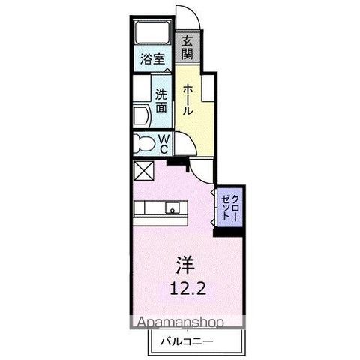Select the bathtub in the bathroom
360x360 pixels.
point(154,34)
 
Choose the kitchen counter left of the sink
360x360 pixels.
point(150,209)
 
